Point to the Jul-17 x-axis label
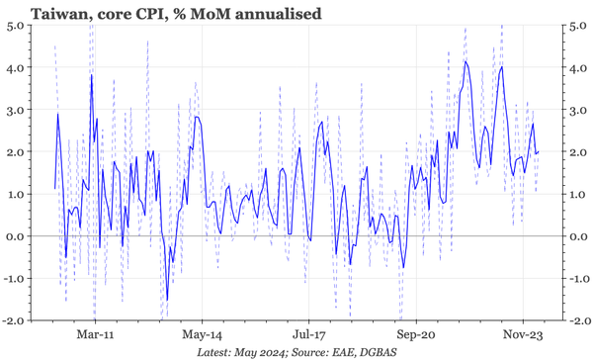[308, 335]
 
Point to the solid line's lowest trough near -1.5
[166, 300]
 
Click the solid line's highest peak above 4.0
[466, 61]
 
